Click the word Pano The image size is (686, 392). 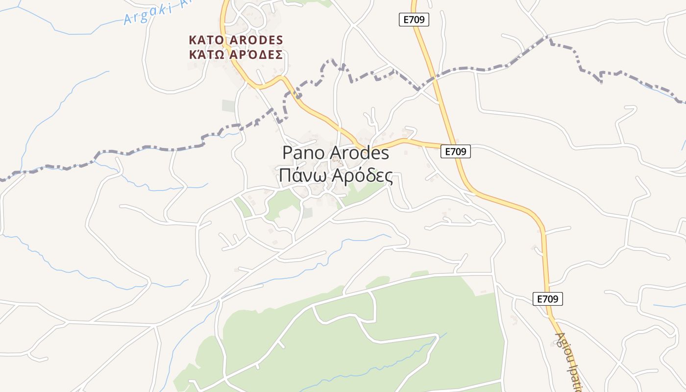[304, 153]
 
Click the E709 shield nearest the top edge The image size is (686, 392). [414, 20]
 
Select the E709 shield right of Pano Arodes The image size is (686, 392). [456, 152]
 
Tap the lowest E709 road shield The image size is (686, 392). [548, 299]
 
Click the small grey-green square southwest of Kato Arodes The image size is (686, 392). [228, 106]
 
